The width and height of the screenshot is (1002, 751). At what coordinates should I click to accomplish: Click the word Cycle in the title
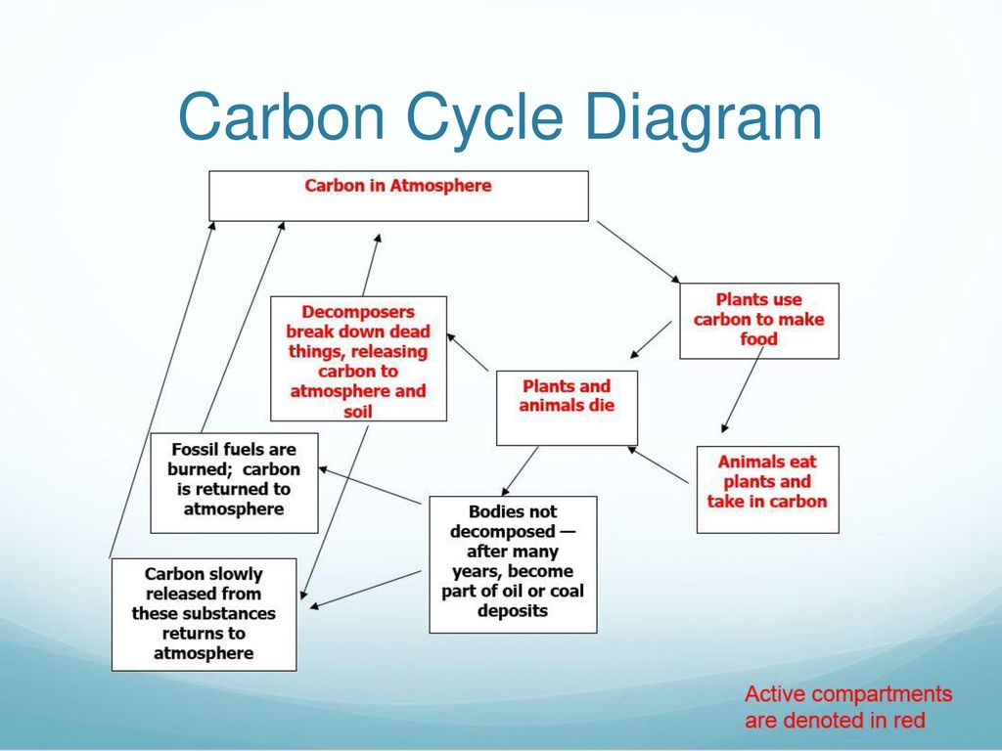[x=484, y=117]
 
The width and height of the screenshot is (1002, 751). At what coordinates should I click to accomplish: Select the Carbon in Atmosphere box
[x=399, y=196]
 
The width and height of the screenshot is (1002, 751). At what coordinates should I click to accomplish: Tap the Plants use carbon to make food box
[x=759, y=321]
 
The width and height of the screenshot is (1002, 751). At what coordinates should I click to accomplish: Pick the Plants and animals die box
[x=567, y=408]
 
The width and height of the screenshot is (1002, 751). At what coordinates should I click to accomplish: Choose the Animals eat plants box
[x=767, y=489]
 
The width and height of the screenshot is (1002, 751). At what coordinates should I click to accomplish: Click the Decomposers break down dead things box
[x=358, y=358]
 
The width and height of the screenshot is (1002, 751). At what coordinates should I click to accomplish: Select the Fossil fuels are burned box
[x=234, y=483]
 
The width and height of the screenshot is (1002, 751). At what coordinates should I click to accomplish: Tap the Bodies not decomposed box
[x=513, y=564]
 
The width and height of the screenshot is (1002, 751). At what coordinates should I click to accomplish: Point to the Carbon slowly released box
[x=204, y=614]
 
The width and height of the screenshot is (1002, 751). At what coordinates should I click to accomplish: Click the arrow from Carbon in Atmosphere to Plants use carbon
[x=638, y=251]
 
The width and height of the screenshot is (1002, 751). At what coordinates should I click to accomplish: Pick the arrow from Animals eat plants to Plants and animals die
[x=659, y=464]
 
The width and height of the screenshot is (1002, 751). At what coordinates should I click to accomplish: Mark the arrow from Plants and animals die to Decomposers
[x=468, y=352]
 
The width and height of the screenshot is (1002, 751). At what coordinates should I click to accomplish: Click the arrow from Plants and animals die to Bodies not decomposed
[x=520, y=470]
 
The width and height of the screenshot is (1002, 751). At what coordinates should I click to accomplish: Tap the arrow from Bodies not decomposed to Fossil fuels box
[x=369, y=485]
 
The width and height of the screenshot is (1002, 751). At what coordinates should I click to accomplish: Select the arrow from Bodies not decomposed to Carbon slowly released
[x=365, y=590]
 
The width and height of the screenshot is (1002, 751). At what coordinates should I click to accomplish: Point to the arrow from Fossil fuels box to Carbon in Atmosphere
[x=243, y=327]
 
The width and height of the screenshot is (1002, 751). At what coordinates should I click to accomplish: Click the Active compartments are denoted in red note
[x=848, y=707]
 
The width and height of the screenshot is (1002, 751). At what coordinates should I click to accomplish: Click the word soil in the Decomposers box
[x=358, y=412]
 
